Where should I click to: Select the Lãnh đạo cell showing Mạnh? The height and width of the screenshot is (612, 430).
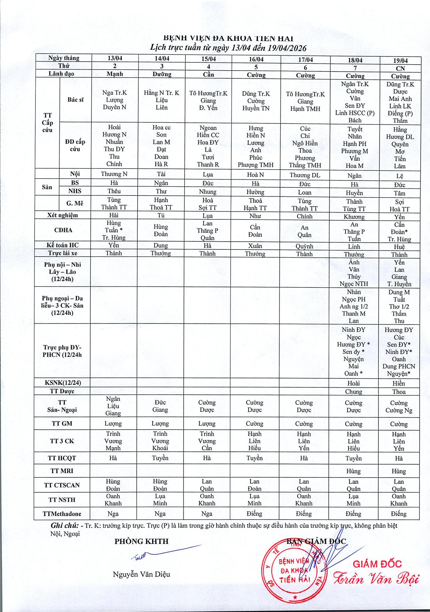[x=115, y=74]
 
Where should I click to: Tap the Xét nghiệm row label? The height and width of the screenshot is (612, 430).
[x=63, y=215]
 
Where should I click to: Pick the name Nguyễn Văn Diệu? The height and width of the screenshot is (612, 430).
[x=141, y=574]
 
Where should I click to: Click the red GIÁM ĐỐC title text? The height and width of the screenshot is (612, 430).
[x=377, y=564]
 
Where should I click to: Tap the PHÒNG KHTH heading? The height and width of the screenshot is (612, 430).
[x=141, y=541]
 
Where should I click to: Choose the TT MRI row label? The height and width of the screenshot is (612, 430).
[x=62, y=471]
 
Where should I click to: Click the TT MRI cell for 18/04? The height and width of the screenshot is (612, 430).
[x=354, y=472]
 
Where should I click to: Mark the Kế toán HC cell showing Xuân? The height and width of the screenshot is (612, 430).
[x=255, y=246]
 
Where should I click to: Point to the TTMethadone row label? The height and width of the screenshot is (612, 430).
[x=62, y=514]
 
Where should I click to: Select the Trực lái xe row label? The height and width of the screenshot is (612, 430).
[x=63, y=253]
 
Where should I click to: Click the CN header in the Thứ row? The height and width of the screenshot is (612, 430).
[x=400, y=69]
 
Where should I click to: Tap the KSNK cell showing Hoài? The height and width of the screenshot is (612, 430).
[x=354, y=383]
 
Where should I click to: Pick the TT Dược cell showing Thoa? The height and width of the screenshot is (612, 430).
[x=399, y=392]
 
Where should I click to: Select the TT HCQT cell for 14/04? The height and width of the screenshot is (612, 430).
[x=160, y=458]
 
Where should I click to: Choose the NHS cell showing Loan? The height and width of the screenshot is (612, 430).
[x=305, y=193]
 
